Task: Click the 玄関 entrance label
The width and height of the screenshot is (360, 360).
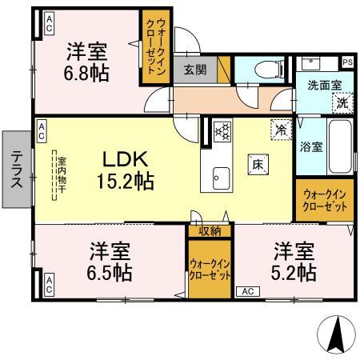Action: tap(194, 70)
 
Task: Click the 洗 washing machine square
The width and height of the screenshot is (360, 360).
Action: tap(342, 102)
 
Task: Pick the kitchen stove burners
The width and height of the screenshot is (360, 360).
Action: tap(222, 130)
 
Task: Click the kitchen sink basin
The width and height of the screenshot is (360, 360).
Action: tap(220, 176)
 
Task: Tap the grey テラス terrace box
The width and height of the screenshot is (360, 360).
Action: tap(16, 170)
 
